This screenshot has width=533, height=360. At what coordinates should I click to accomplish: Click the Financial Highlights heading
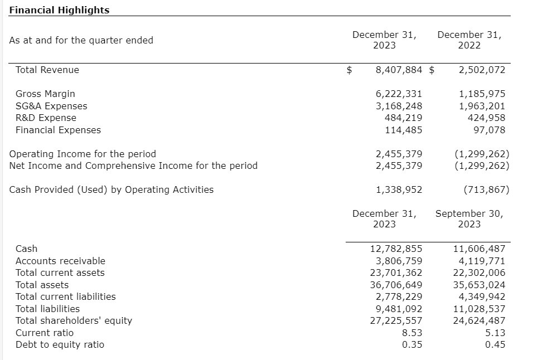coord(59,10)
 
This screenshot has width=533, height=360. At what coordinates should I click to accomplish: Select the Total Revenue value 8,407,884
coord(399,70)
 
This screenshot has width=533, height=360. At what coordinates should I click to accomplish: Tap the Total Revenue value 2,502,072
coord(482,70)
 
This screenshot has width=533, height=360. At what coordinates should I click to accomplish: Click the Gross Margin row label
coord(45,94)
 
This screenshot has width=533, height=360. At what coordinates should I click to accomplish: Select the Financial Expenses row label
coord(58,130)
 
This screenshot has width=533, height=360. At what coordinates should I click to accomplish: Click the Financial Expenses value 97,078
coord(489,130)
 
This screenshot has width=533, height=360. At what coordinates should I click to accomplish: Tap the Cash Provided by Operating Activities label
coord(112,189)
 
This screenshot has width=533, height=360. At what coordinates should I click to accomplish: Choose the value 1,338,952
coord(399,189)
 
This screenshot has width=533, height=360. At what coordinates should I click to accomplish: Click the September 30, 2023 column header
coord(469,218)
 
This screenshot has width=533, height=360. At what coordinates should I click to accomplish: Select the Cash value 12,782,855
coord(396,249)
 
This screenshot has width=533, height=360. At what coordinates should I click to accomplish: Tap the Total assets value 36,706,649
coord(396,285)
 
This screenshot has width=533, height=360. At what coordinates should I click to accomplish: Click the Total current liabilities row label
coord(66,296)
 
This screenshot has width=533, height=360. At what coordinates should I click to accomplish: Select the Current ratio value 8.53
coord(411,333)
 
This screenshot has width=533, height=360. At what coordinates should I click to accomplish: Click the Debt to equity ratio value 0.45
coord(495,344)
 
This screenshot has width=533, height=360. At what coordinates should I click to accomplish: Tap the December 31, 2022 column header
coord(469,40)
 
